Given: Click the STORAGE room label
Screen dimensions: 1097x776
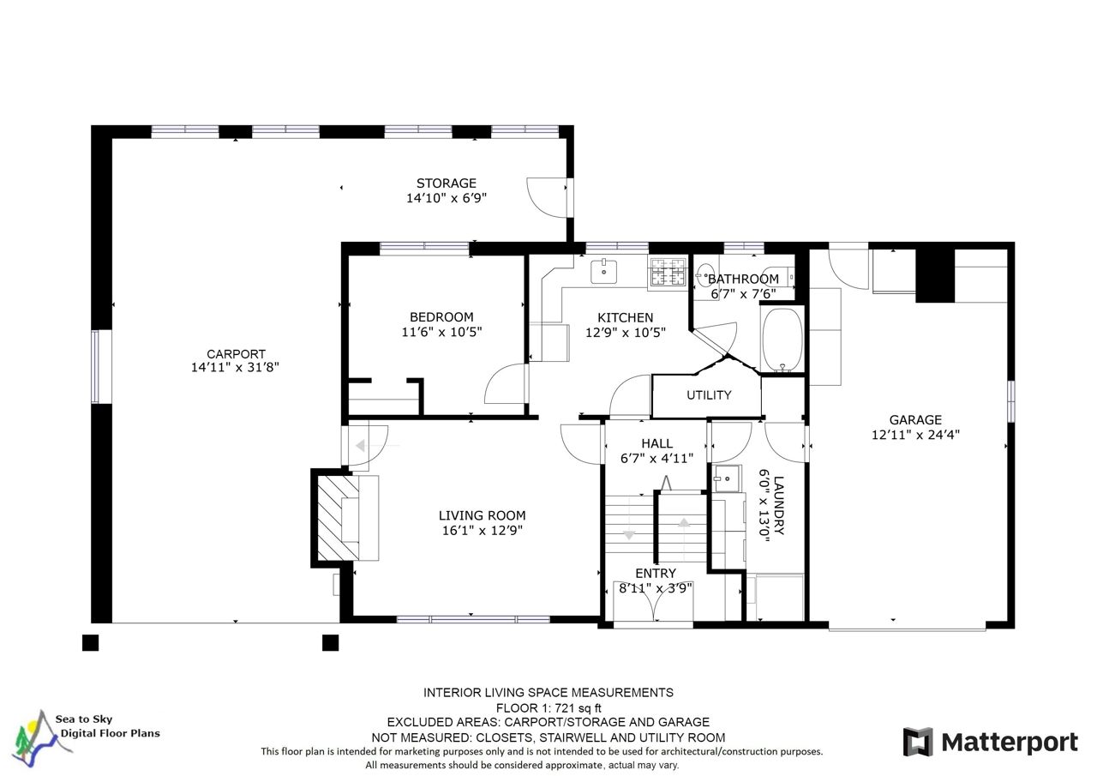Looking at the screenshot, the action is click(447, 183).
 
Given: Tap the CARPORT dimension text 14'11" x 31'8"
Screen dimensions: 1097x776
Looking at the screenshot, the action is click(235, 368).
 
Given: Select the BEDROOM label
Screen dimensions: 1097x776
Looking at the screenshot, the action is click(441, 317).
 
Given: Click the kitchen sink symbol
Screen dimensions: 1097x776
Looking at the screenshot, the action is click(603, 272).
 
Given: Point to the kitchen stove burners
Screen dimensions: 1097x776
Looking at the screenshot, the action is click(668, 272).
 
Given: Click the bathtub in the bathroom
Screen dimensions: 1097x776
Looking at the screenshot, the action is click(782, 339).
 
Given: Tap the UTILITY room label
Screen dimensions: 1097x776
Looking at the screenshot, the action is click(709, 394).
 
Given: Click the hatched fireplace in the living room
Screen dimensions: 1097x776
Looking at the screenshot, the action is click(338, 518).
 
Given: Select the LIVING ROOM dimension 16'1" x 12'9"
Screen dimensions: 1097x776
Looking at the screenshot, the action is click(483, 530).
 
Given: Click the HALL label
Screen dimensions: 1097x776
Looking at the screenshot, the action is click(656, 443).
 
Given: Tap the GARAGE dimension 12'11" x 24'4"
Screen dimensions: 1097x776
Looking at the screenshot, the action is click(915, 435).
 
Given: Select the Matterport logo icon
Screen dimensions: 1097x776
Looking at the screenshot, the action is click(918, 742).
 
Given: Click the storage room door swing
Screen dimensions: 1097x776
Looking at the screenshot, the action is click(546, 197).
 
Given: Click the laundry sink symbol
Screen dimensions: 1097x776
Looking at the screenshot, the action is click(728, 478).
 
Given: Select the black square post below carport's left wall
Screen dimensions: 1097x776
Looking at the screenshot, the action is click(90, 643).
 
